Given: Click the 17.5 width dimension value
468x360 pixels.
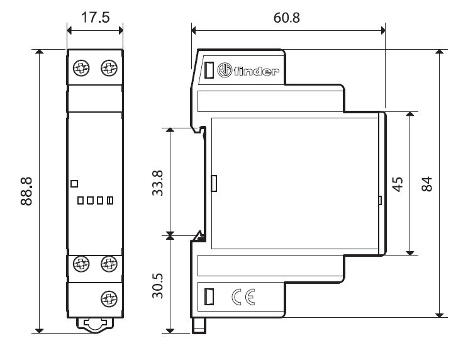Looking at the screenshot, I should point(96,17).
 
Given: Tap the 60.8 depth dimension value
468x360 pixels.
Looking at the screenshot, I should point(287,17).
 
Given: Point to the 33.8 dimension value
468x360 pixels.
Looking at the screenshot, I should point(158,182).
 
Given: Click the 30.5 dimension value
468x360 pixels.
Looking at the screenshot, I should point(158,284).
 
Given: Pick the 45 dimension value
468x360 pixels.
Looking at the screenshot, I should point(398,184).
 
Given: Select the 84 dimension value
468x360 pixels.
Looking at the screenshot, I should point(428,184).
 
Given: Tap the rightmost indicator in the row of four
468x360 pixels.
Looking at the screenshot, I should point(110,201).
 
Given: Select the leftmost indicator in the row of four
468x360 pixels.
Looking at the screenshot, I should point(81,201).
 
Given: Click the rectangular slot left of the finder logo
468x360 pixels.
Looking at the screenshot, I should point(209,70).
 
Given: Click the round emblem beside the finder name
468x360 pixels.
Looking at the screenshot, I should point(225,70).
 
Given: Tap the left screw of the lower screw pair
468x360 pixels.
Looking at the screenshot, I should point(81,263).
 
